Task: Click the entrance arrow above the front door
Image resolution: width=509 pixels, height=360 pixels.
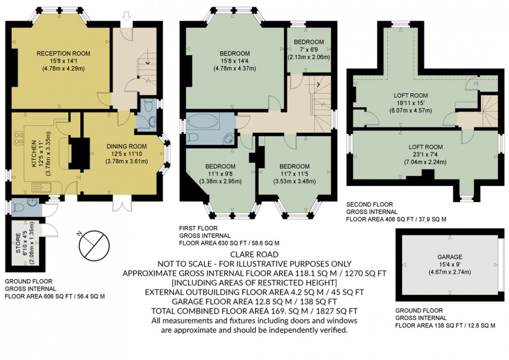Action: coord(126,18)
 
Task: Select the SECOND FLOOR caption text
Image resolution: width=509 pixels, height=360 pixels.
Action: coord(370,205)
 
